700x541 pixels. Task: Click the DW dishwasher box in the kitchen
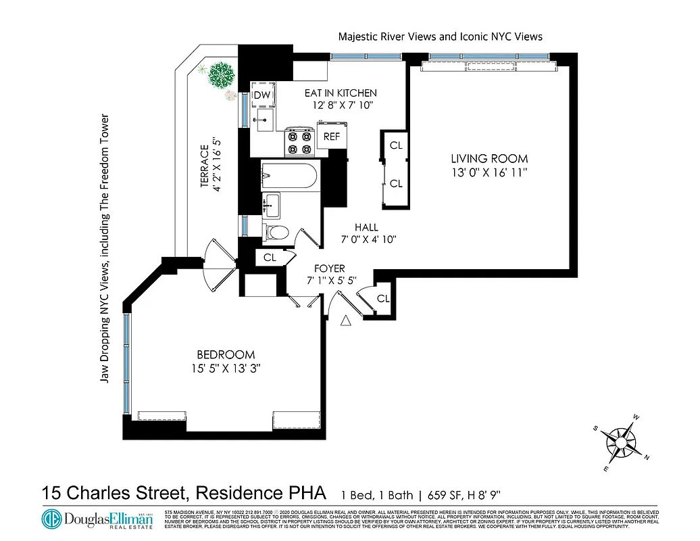(261, 96)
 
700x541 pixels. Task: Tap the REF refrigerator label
(331, 137)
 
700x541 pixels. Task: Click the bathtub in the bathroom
(289, 177)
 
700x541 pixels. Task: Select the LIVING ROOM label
(489, 158)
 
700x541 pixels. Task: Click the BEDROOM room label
(226, 354)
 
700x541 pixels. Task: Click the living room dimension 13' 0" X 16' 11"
(489, 172)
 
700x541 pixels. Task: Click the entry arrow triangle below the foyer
(345, 321)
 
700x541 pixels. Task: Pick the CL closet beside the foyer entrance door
(382, 298)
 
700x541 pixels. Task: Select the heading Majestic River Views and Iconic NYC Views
(440, 37)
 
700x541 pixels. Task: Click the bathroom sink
(272, 202)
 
